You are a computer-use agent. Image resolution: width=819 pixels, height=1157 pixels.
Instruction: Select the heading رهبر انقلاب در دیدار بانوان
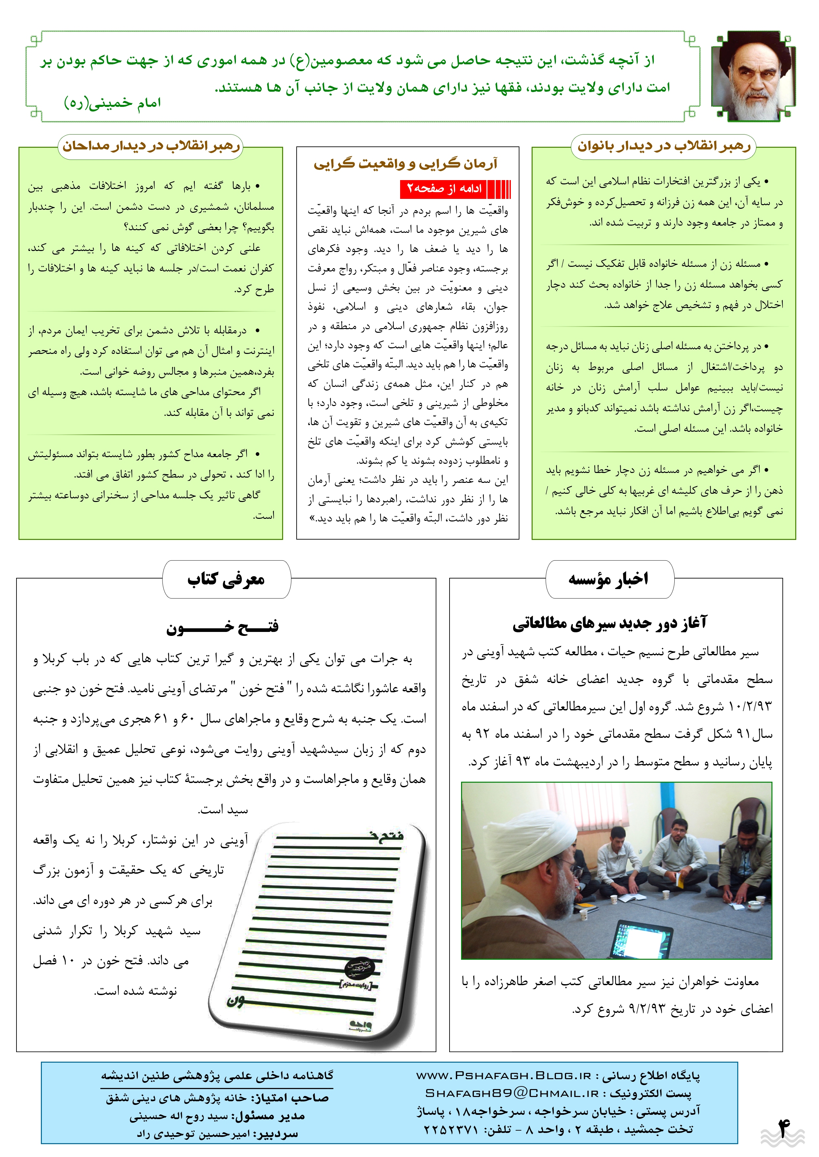pos(664,146)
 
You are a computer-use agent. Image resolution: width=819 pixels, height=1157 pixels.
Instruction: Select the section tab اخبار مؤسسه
pos(609,579)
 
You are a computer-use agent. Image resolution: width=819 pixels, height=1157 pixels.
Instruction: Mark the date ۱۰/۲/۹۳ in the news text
pos(750,707)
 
